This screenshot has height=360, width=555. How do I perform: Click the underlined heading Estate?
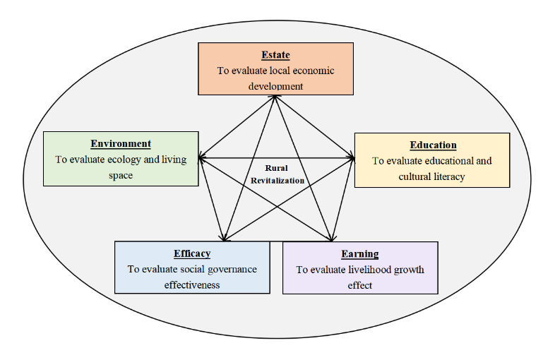(275, 55)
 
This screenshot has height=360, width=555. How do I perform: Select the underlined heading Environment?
(121, 144)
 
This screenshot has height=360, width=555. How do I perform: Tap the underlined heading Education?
(433, 145)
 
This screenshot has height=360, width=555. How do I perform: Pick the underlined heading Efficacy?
(192, 253)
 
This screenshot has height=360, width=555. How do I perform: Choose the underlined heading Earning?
(360, 254)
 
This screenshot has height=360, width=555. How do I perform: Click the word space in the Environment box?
(121, 175)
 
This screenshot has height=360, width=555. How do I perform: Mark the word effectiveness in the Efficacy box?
(192, 285)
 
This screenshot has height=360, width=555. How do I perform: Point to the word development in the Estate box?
(275, 86)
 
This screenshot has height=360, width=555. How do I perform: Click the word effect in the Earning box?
(360, 286)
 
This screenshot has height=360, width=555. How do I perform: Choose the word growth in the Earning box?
(405, 270)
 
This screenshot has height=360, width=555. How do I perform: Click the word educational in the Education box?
(443, 160)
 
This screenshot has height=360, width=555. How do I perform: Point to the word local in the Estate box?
(278, 71)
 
